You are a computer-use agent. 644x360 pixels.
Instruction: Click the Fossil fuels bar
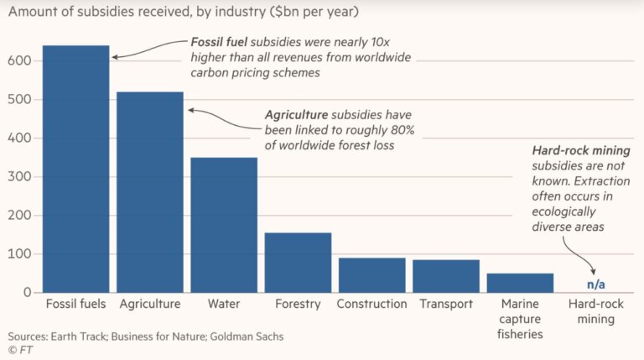(x=76, y=169)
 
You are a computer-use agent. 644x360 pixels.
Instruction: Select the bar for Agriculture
(x=150, y=192)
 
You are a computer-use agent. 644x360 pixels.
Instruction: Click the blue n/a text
(x=596, y=284)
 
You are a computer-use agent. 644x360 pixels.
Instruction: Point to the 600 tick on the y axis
(x=21, y=61)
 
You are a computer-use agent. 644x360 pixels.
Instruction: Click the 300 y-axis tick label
(x=21, y=177)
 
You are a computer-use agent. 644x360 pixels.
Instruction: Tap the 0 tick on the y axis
(x=28, y=292)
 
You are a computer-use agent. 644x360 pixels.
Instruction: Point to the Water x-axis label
(x=224, y=304)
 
